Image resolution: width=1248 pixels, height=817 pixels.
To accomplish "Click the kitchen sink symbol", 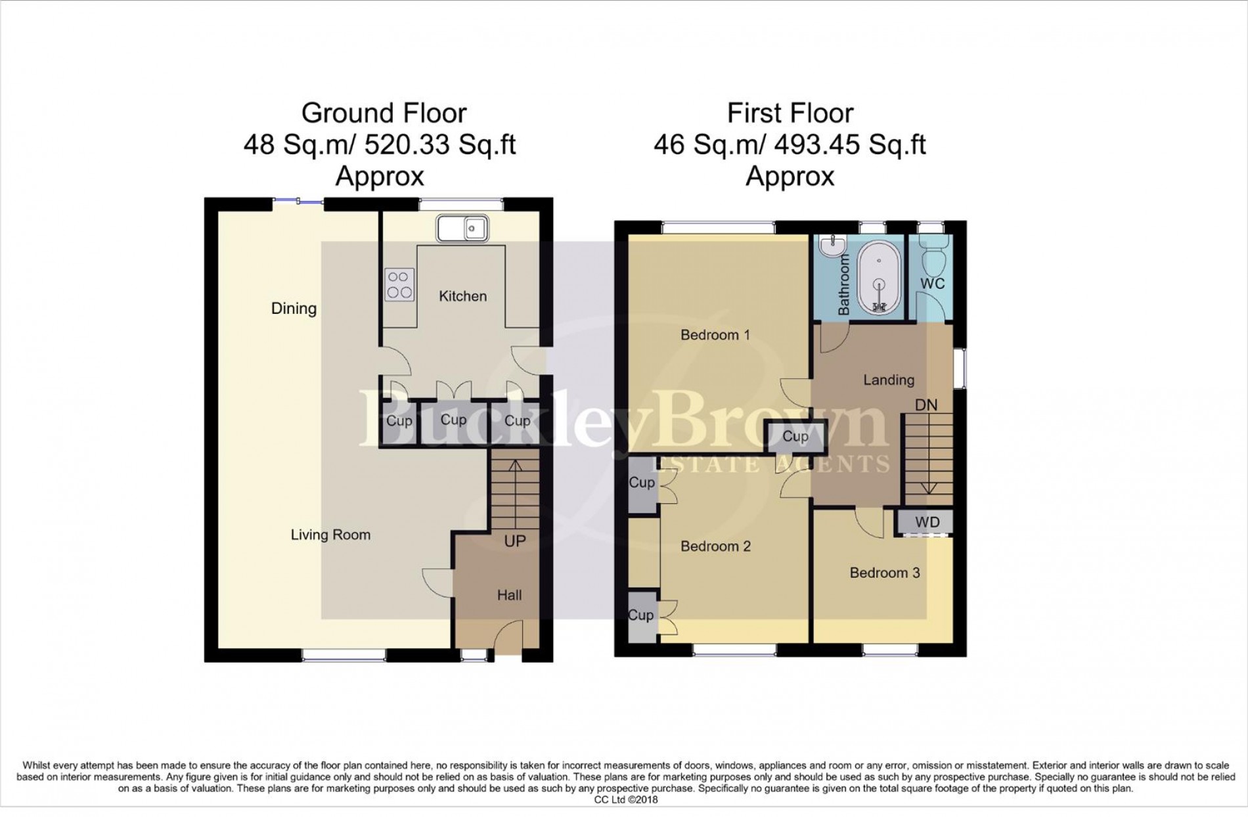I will point(462,229).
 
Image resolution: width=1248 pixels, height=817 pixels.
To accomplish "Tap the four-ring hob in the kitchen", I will point(399,285).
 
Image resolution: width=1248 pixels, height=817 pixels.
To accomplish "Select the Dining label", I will point(294,308).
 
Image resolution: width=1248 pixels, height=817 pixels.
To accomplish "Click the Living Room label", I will point(330,535).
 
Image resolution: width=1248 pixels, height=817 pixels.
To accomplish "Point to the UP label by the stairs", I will point(515,541).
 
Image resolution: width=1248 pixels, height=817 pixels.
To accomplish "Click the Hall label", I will point(509,595).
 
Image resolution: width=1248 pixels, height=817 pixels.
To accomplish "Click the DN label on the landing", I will point(926,405).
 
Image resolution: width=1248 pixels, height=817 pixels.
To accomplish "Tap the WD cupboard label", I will point(927,522).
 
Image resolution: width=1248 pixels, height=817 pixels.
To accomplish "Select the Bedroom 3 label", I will point(884,573).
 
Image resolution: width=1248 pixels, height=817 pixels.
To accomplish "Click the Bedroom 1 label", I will point(715,335).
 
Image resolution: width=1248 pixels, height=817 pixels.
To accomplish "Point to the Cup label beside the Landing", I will point(795,436).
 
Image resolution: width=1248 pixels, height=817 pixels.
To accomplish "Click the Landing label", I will point(888,380).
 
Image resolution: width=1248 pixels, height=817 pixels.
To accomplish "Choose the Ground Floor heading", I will point(384,114).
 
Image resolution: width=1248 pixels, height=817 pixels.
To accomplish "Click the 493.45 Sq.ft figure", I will point(849,144).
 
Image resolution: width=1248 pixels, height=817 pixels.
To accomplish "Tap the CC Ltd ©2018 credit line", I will point(625,799).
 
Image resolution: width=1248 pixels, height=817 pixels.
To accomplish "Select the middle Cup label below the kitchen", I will point(453,420).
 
